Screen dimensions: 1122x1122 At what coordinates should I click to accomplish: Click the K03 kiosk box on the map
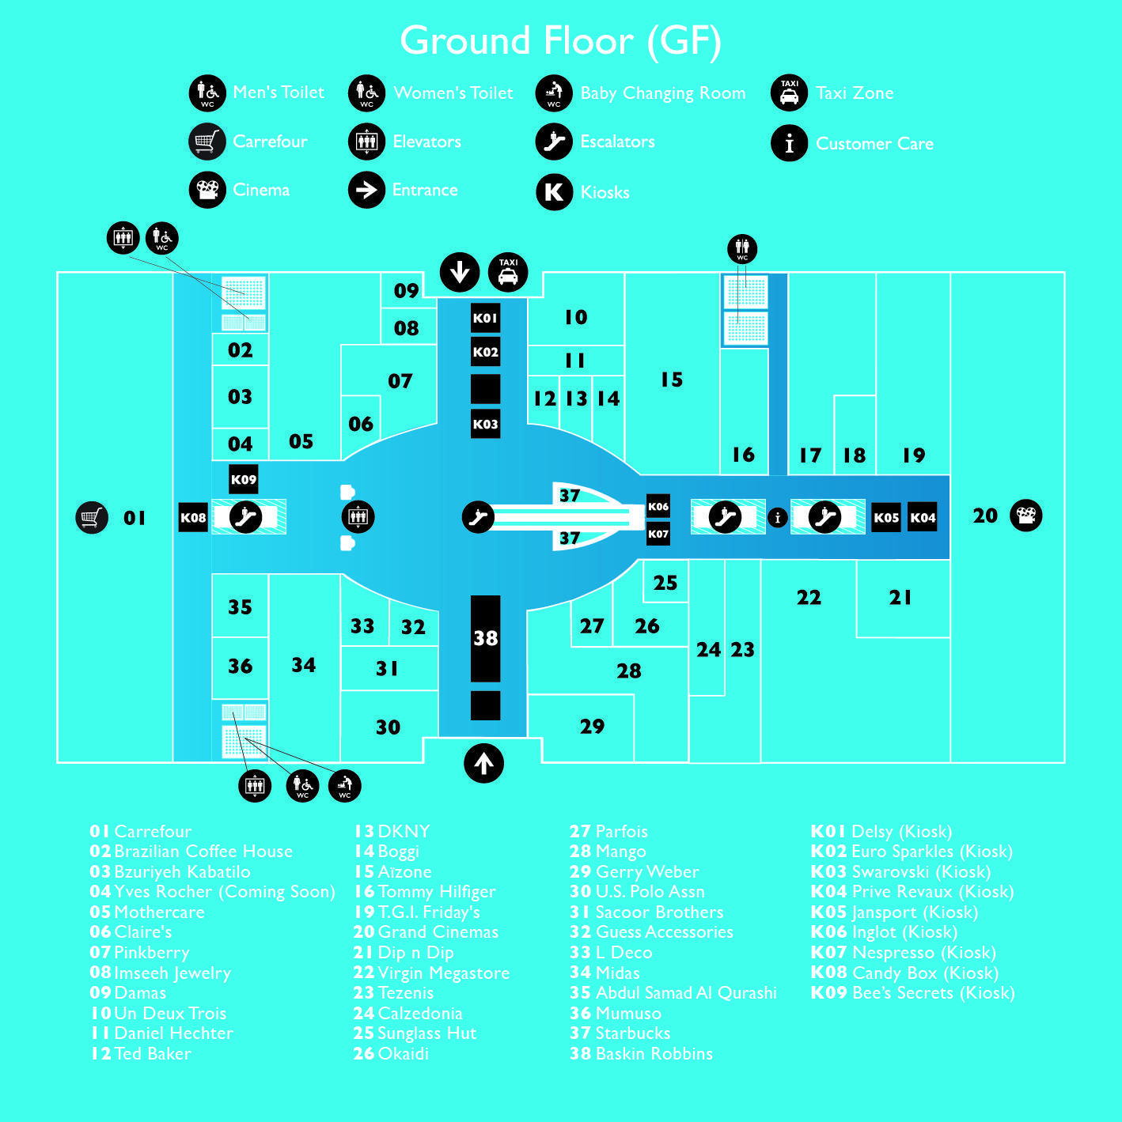click(485, 423)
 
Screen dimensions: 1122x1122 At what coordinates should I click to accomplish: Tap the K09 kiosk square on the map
click(243, 479)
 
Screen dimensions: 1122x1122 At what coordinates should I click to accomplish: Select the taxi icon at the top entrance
click(508, 272)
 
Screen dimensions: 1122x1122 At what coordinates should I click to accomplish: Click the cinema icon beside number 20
click(1025, 516)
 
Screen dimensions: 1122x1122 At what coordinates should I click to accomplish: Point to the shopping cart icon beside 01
click(92, 517)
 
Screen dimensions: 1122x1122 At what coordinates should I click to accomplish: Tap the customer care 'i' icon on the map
click(777, 517)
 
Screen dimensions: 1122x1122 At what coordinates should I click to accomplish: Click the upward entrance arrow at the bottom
click(483, 763)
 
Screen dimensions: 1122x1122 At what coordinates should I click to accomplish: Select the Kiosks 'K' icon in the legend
click(554, 191)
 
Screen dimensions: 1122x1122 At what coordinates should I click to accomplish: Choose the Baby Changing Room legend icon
click(554, 93)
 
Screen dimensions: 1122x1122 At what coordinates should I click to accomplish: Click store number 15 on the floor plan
click(672, 380)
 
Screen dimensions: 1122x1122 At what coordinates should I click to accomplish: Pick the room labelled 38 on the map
click(485, 638)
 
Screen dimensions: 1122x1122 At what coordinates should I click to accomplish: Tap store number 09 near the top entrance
click(406, 290)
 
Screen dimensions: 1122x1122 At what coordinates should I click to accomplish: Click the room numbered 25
click(665, 582)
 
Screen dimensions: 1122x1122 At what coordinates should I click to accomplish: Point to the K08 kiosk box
click(193, 517)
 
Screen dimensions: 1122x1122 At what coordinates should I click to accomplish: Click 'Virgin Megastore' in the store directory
click(444, 973)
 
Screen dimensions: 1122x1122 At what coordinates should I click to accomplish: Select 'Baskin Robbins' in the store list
click(654, 1053)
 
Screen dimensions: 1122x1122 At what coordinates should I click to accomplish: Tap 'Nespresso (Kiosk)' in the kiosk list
click(924, 952)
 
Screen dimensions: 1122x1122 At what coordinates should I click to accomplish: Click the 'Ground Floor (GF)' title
click(561, 41)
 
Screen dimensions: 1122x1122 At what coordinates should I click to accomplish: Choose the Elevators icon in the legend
click(366, 142)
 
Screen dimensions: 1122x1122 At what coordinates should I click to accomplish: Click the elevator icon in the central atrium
click(358, 516)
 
